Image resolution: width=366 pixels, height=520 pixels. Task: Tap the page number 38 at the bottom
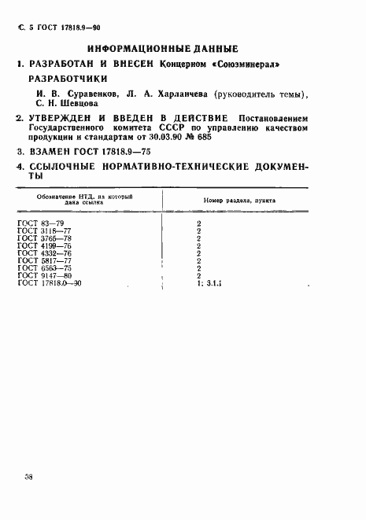coord(28,477)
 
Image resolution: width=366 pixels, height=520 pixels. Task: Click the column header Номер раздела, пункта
coord(238,201)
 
